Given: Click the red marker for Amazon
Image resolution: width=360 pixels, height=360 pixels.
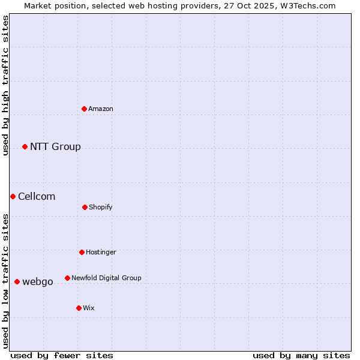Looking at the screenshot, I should tap(85, 109).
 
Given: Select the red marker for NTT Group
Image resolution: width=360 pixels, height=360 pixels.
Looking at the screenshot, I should tap(25, 146).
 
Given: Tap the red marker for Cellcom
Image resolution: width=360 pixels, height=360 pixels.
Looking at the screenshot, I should tap(13, 196).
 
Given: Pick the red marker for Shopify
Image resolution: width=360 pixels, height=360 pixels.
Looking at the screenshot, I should tap(85, 207).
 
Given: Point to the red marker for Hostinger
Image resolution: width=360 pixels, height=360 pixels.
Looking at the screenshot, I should tap(82, 252).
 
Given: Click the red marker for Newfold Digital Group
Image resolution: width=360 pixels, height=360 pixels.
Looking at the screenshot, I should tap(67, 278).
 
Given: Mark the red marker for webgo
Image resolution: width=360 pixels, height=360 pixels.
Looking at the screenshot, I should tap(17, 281).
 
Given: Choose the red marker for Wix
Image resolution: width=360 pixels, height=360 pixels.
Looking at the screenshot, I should tap(79, 308).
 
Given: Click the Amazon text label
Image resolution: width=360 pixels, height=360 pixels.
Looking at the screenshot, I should tap(101, 109).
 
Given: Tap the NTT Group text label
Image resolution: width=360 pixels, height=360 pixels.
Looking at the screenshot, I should tap(55, 146).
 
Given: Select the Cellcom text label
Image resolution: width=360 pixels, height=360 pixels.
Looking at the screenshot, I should tap(37, 196).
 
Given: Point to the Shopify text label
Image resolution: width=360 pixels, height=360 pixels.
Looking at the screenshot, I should tap(101, 207).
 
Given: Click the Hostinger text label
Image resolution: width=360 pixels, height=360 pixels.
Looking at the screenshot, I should tap(101, 252).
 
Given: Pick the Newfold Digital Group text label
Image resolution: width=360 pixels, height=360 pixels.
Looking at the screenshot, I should tap(106, 278).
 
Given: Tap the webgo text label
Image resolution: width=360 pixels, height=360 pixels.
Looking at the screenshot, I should tap(38, 281).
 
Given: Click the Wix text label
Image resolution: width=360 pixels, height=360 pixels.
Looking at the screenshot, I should tap(89, 308).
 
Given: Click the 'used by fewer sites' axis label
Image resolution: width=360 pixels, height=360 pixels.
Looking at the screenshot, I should tap(62, 355).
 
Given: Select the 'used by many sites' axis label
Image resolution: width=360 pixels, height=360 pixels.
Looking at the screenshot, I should tap(301, 355).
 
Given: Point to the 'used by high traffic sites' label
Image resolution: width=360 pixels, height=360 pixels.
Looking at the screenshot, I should tap(5, 85).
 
